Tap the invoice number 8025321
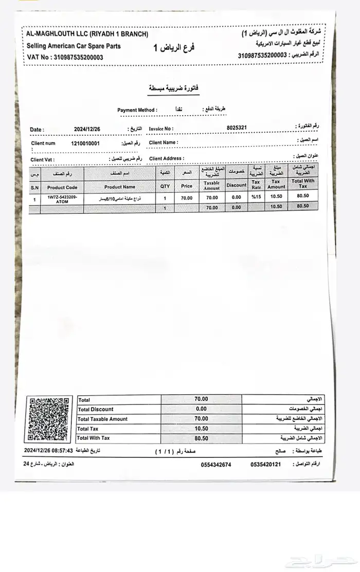(237, 127)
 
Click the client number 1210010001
(85, 143)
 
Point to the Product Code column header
(62, 188)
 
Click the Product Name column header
(119, 187)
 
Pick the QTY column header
(165, 187)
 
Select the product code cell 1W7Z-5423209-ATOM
(62, 199)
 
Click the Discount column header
(237, 185)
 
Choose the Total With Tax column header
(303, 183)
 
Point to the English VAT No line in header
(65, 57)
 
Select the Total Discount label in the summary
(96, 409)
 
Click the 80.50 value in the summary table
(201, 438)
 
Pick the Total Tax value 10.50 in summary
(201, 429)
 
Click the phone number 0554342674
(216, 465)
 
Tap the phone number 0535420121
(266, 465)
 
